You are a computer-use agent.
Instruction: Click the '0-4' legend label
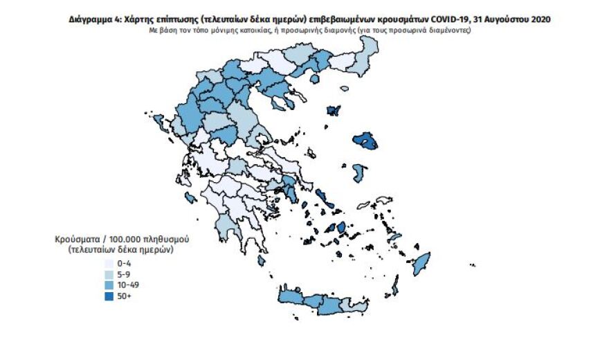[125, 263]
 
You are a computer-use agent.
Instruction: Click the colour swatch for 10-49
[109, 285]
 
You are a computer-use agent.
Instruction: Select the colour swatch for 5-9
[109, 274]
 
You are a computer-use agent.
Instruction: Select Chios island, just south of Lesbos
[358, 170]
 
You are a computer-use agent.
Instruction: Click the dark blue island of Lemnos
[333, 111]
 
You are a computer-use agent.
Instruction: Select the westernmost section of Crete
[291, 296]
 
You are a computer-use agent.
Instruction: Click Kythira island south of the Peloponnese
[261, 261]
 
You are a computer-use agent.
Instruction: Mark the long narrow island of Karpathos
[395, 285]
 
